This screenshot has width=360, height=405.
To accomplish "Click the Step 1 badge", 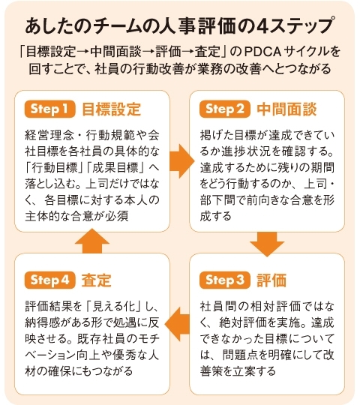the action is click(x=49, y=109).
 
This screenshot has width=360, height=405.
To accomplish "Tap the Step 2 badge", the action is click(x=225, y=109).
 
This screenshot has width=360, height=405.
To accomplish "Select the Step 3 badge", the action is click(x=225, y=280).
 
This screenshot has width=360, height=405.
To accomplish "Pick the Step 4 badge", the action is click(x=49, y=280).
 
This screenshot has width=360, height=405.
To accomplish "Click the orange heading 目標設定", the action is click(x=111, y=109).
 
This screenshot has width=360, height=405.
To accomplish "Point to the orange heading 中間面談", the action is click(x=286, y=109).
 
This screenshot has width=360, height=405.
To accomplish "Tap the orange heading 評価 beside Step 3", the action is click(x=271, y=280).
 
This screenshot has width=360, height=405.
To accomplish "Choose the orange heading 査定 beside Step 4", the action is click(x=96, y=280).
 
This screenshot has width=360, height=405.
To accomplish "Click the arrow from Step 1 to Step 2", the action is click(x=181, y=161).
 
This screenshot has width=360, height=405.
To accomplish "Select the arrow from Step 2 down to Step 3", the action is click(x=267, y=244).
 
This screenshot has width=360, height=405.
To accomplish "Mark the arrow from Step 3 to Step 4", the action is click(x=177, y=324).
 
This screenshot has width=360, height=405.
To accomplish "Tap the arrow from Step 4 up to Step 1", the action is click(x=92, y=241).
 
